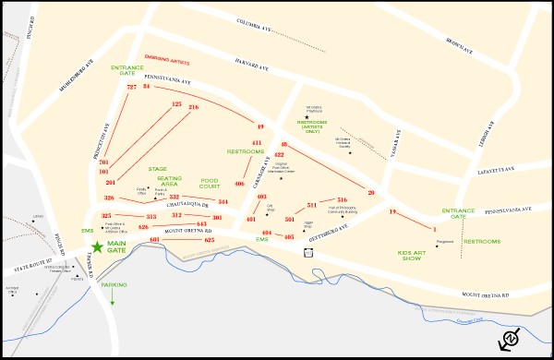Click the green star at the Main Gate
pos(97,247)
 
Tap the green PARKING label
pos(114,285)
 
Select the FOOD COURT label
pos(211,182)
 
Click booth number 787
pos(131,87)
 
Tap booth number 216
pos(193,107)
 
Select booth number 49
pos(260,126)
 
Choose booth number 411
pos(257,143)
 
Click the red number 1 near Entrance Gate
pos(433,227)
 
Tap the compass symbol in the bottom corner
pos(511,339)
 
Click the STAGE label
pos(158,169)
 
